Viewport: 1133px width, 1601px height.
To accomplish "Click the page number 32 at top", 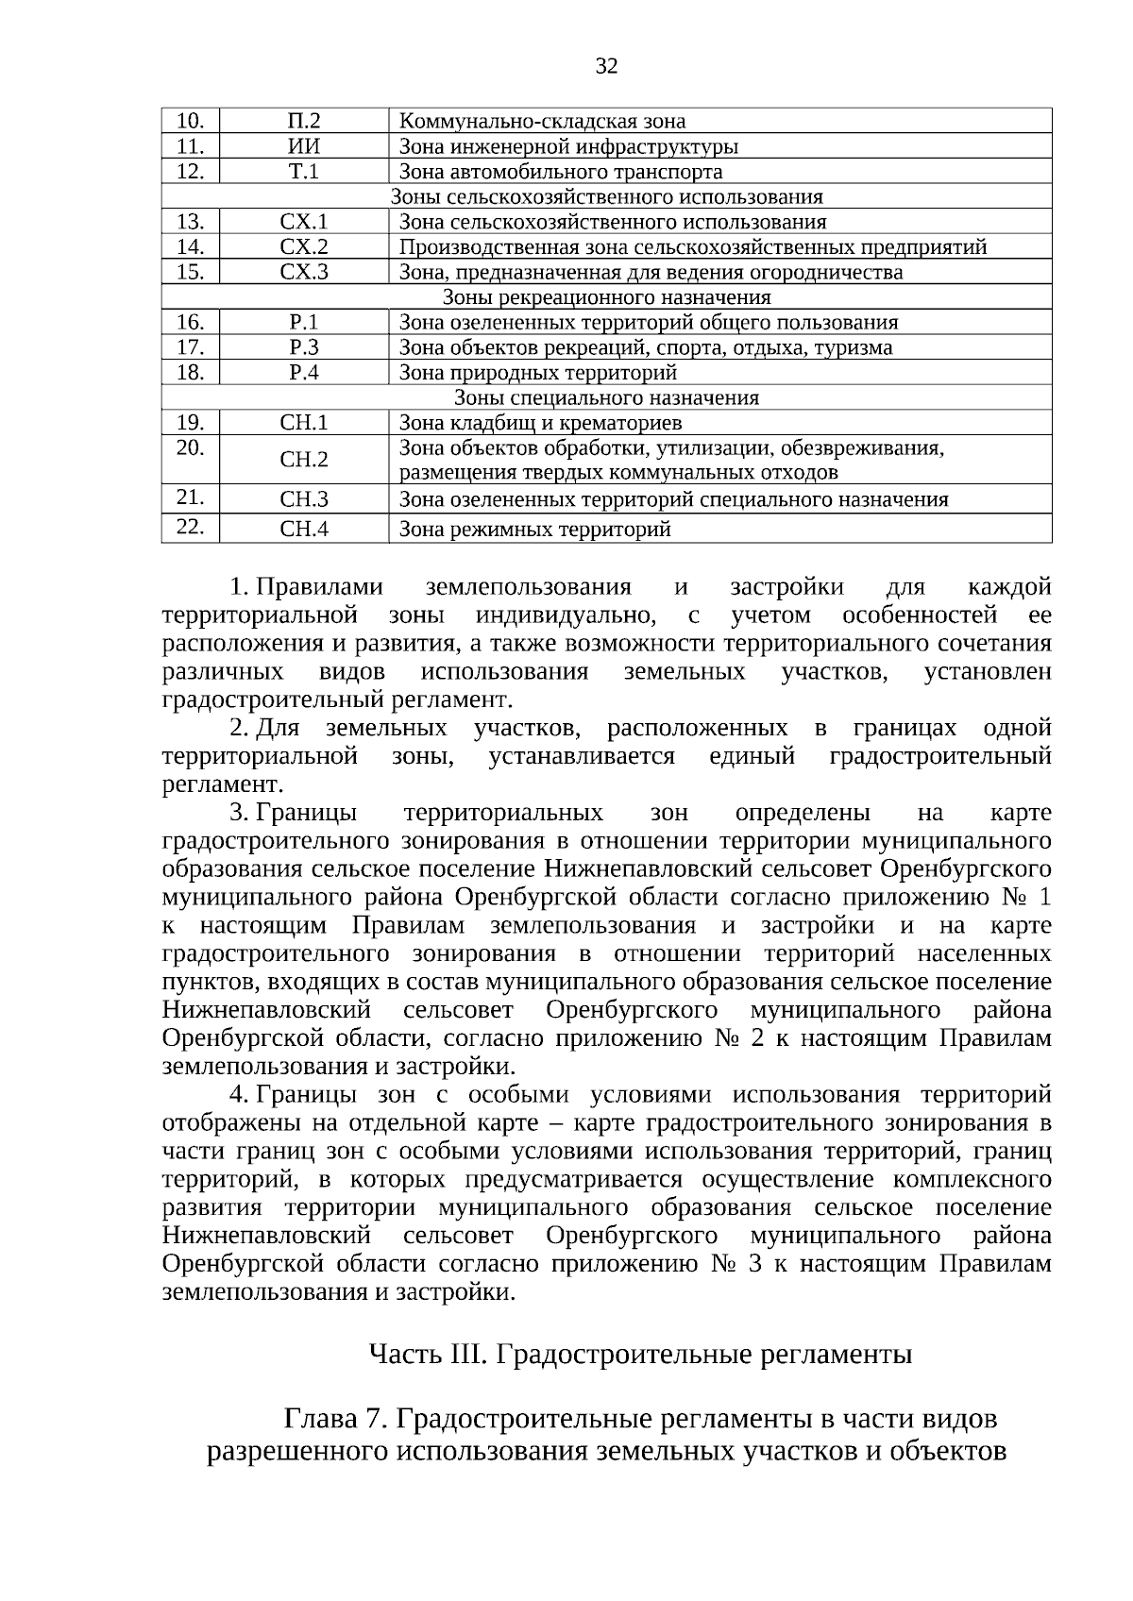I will [607, 65].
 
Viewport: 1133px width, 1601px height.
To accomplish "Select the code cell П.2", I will [303, 121].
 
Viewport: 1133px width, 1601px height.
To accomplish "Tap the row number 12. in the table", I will [190, 171].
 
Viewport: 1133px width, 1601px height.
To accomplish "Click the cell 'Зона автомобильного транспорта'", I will [561, 171].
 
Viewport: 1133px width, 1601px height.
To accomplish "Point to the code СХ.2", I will [303, 247].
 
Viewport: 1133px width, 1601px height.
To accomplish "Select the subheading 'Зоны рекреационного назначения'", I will [607, 297].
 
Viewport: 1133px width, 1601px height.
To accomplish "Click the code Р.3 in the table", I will [303, 347].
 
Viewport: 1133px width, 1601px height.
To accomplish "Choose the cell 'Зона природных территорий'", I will [538, 373].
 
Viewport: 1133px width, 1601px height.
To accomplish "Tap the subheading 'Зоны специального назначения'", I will [607, 397].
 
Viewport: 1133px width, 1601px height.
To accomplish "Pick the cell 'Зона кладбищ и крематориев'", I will [540, 423].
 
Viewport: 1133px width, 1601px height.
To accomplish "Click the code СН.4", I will [303, 529].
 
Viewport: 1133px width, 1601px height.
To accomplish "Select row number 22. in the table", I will [190, 526].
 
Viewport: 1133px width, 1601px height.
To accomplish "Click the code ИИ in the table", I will [303, 146].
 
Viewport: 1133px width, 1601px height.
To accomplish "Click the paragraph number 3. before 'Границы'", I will [239, 813].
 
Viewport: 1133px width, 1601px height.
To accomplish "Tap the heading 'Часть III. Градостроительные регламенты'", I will [640, 1355].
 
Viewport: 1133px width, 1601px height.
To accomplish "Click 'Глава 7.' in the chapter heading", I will [335, 1419].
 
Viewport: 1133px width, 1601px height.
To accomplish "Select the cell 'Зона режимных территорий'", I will [534, 529].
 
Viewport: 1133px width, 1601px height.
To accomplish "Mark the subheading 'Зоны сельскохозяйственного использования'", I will [607, 196].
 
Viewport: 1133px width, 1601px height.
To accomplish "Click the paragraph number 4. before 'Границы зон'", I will [239, 1095].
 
